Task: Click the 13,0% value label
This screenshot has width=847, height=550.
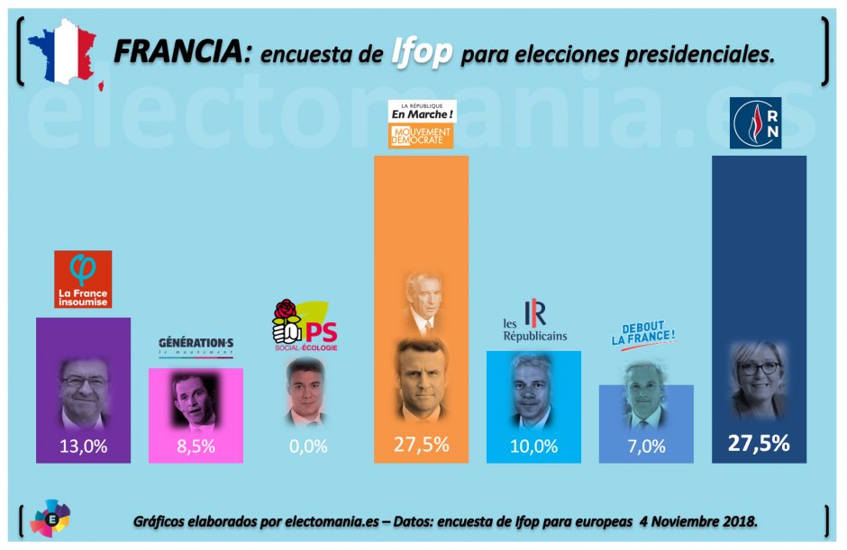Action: tap(83, 446)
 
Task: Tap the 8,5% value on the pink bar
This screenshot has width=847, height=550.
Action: tap(196, 446)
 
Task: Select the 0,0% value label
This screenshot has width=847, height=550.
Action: tap(308, 446)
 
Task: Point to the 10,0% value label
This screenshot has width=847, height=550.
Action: tap(533, 446)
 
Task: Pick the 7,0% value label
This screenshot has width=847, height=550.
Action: tap(646, 446)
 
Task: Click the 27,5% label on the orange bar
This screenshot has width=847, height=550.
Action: tap(421, 445)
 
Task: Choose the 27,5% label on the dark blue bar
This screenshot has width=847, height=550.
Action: tap(759, 443)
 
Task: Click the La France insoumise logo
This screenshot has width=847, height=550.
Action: tap(83, 279)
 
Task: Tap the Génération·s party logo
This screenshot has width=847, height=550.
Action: tap(196, 346)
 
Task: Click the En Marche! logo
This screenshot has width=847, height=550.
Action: tap(421, 113)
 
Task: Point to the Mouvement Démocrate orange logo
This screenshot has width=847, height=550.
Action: tap(421, 137)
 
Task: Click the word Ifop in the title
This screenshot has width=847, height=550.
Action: tap(422, 53)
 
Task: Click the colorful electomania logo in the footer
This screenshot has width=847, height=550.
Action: tap(50, 519)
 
